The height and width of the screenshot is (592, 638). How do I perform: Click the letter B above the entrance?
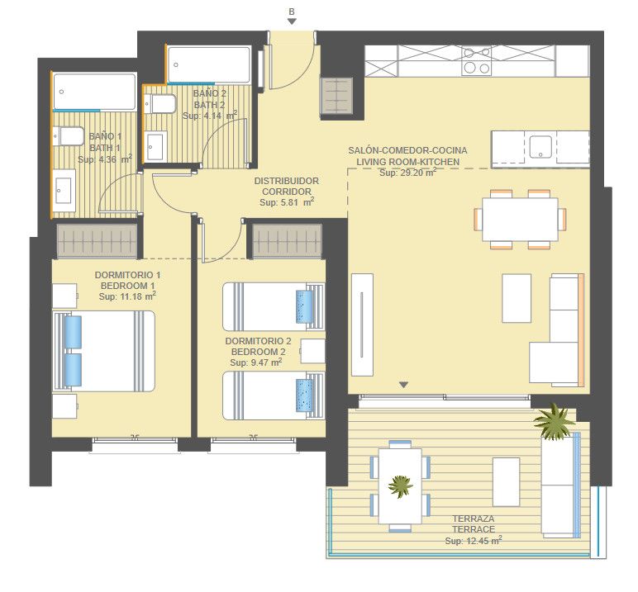tap(292, 12)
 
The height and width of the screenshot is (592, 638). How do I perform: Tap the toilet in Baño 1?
tap(68, 135)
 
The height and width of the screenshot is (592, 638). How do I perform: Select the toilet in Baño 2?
tap(159, 104)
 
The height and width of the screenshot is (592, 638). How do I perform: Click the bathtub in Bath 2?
tap(210, 65)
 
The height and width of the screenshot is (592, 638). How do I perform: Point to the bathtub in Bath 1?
tap(94, 92)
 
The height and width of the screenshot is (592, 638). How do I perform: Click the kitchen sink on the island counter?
tap(540, 147)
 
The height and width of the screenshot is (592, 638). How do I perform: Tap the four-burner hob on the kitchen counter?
tap(477, 60)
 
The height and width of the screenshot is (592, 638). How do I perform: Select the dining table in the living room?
tap(520, 219)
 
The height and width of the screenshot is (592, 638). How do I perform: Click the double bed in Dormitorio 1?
tap(104, 351)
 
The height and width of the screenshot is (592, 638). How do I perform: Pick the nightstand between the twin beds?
tap(312, 351)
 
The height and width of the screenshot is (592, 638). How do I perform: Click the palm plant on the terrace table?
tap(400, 485)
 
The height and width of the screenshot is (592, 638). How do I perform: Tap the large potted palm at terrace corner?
tap(555, 422)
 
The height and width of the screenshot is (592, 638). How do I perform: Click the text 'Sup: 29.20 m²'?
tap(407, 173)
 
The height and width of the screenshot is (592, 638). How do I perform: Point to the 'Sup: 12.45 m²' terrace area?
tap(474, 540)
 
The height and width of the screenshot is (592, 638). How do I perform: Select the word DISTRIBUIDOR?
tap(287, 181)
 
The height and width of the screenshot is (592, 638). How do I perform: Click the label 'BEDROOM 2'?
tap(259, 352)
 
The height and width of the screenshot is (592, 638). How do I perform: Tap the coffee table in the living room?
tap(517, 298)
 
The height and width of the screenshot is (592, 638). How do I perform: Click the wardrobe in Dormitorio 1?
tap(97, 242)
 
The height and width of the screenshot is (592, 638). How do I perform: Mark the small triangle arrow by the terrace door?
tap(403, 385)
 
